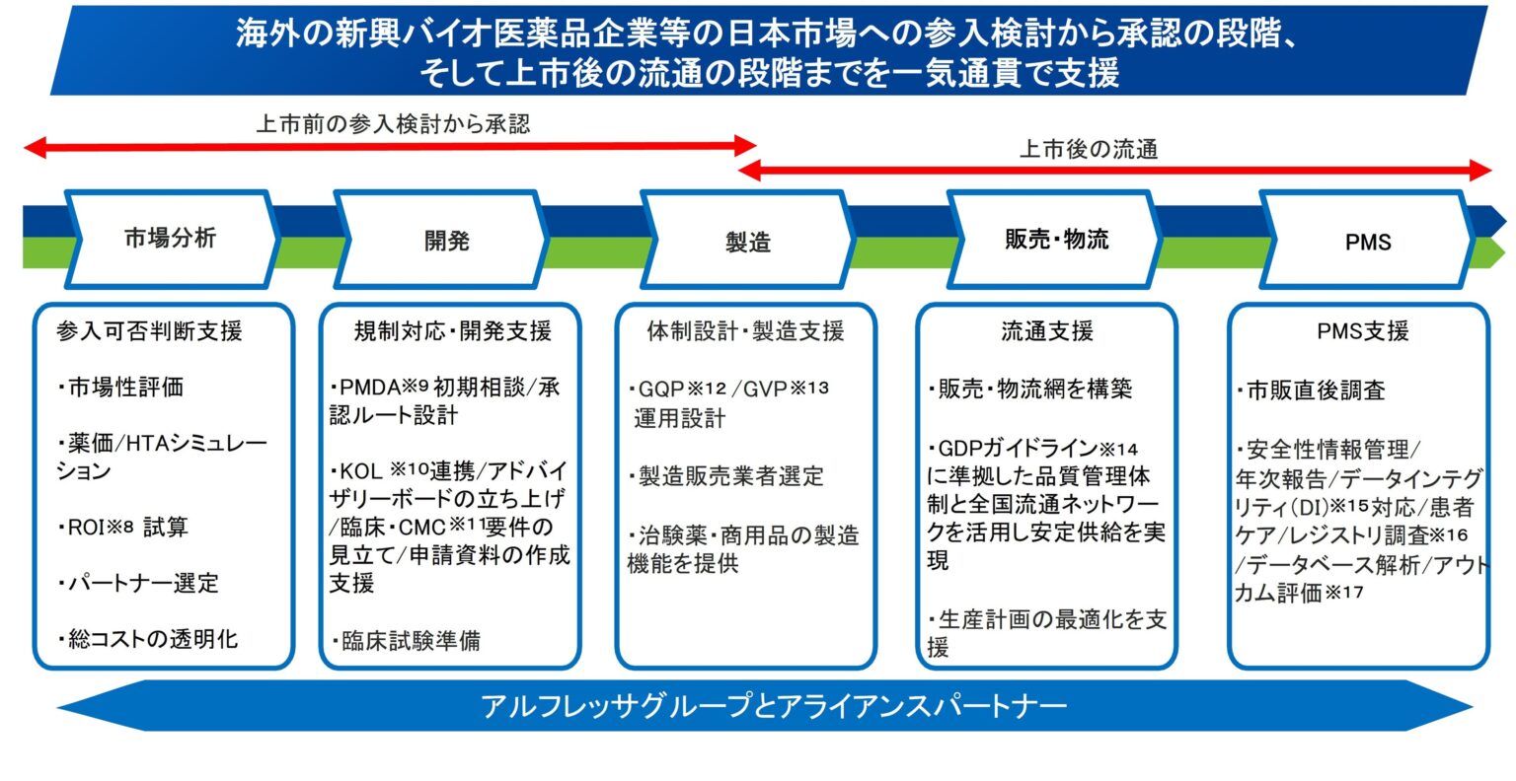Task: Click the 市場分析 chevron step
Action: pyautogui.click(x=170, y=239)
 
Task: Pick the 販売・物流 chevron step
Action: pyautogui.click(x=1056, y=240)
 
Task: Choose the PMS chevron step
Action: pyautogui.click(x=1367, y=242)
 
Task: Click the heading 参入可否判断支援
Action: pyautogui.click(x=150, y=331)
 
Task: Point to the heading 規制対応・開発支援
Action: pyautogui.click(x=452, y=331)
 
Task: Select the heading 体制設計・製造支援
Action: pyautogui.click(x=745, y=331)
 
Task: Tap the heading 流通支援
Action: pyautogui.click(x=1046, y=331)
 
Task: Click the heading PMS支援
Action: pyautogui.click(x=1362, y=331)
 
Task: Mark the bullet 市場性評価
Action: pyautogui.click(x=122, y=388)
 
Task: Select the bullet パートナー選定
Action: pyautogui.click(x=139, y=583)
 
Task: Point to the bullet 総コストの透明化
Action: pyautogui.click(x=149, y=639)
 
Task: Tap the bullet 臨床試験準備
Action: pyautogui.click(x=408, y=641)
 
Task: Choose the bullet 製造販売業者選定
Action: pyautogui.click(x=727, y=477)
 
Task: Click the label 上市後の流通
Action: pyautogui.click(x=1088, y=150)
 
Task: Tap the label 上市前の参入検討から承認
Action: pyautogui.click(x=393, y=124)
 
